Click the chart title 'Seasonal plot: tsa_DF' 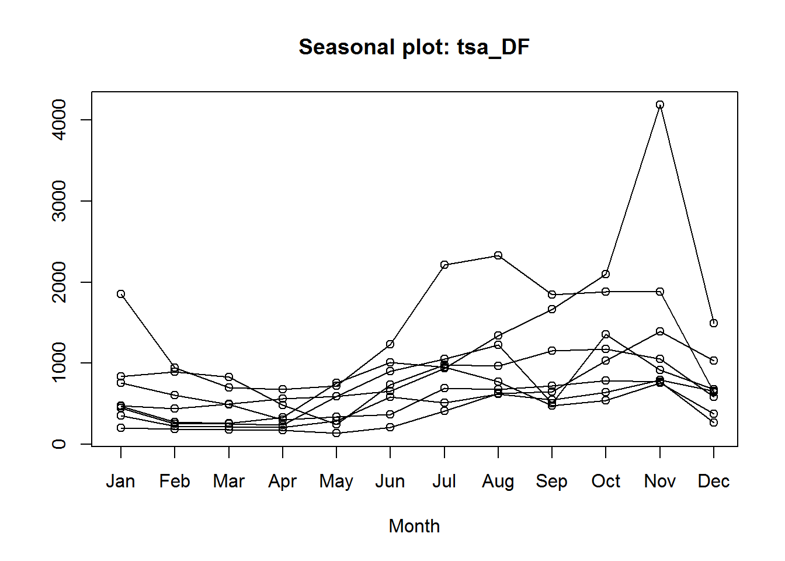414,47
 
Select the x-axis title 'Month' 414,526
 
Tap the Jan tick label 121,481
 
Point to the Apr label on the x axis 283,481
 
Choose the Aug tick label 498,481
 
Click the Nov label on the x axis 659,481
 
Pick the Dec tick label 713,481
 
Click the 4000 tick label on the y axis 59,120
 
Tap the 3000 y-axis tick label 59,201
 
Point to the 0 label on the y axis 59,444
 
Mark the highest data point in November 660,105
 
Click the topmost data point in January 121,294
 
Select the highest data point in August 498,255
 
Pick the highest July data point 444,265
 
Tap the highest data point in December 714,323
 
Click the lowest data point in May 336,433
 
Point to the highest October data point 606,274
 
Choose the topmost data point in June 390,344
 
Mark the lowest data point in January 121,428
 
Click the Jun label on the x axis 390,481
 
